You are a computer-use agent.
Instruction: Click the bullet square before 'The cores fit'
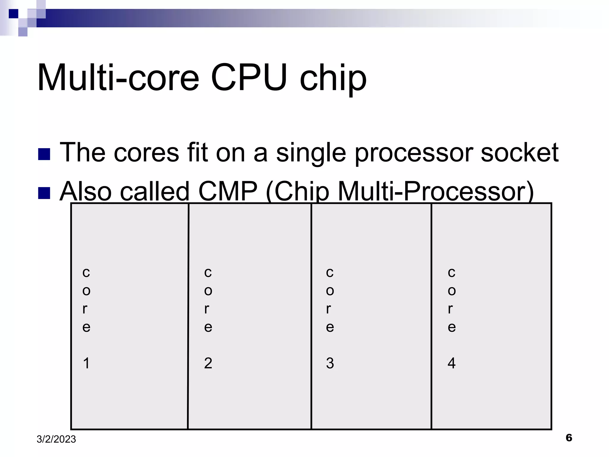click(44, 154)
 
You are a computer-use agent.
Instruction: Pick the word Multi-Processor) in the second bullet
click(436, 192)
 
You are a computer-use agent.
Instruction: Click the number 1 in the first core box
click(86, 363)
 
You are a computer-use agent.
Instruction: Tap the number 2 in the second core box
click(208, 363)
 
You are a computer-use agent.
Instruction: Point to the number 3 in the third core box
click(330, 363)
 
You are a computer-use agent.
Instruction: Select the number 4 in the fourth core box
click(451, 363)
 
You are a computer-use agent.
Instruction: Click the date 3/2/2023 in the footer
click(56, 439)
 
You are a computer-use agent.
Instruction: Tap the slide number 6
click(569, 438)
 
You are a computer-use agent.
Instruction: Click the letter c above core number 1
click(86, 272)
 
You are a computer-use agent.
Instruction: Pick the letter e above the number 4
click(451, 327)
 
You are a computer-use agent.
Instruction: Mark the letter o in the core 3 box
click(330, 291)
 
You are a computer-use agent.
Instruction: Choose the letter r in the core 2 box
click(207, 309)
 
